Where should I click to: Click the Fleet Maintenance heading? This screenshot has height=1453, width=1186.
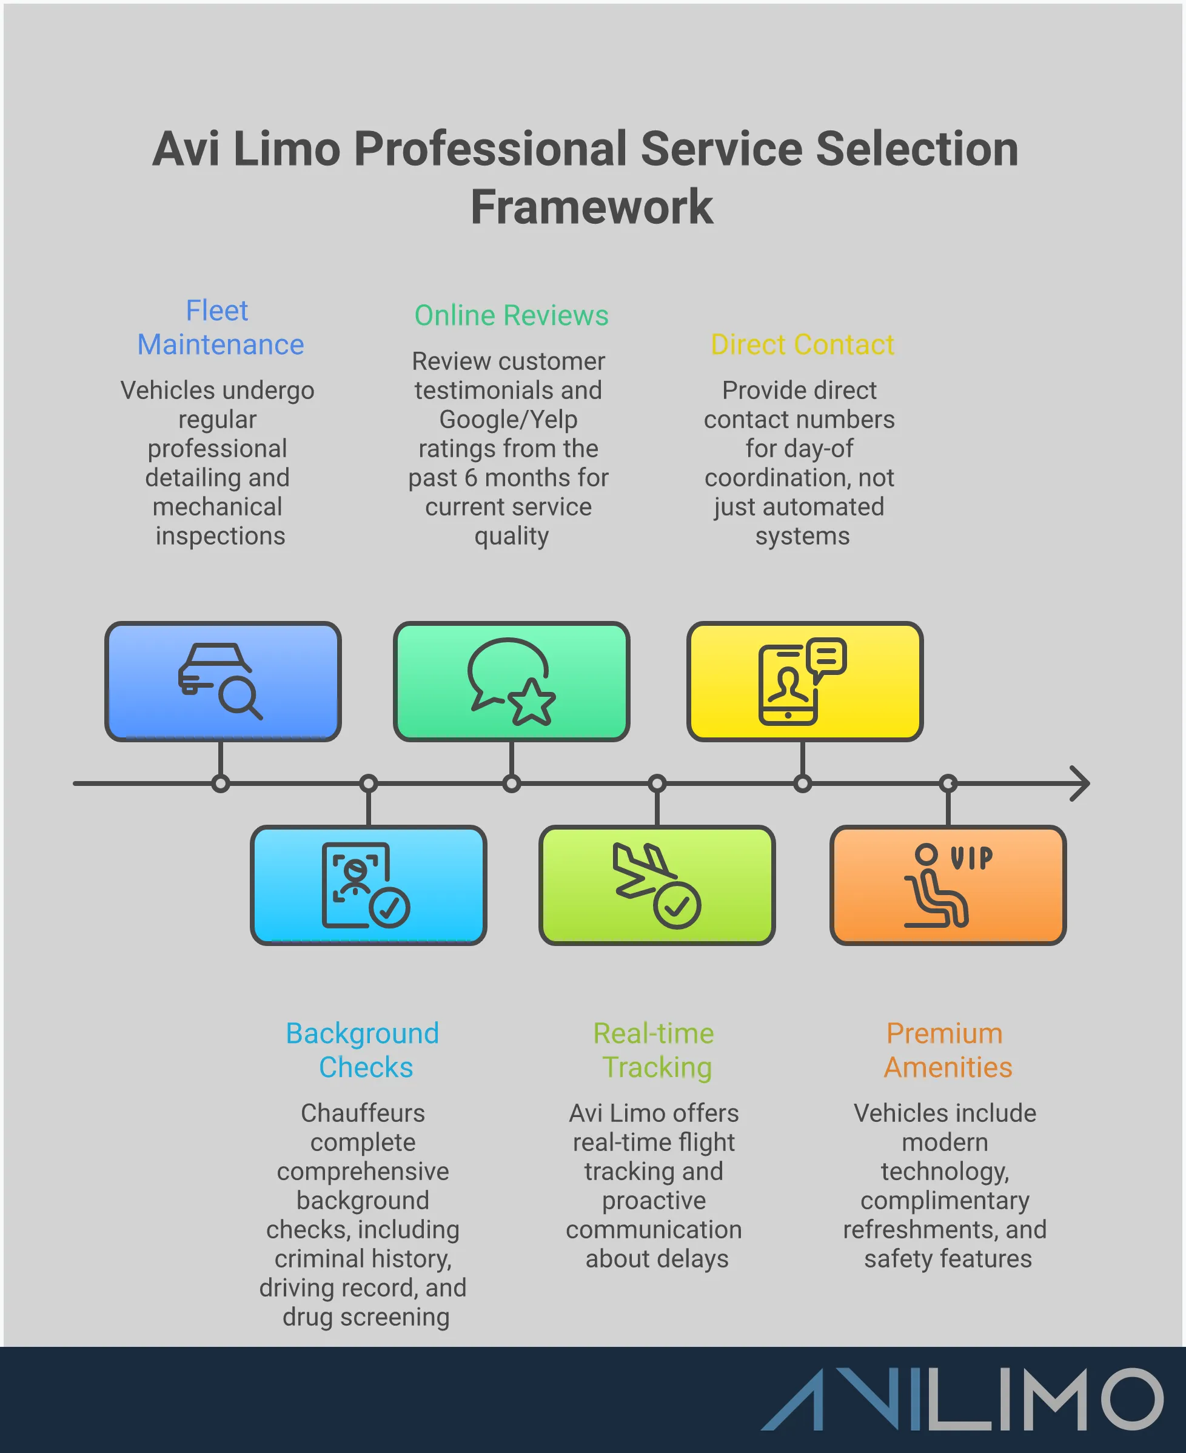(x=220, y=327)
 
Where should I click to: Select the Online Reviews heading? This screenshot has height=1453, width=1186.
(x=511, y=315)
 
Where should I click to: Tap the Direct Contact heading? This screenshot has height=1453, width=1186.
(x=802, y=344)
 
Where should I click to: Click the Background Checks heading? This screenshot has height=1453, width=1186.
(x=363, y=1050)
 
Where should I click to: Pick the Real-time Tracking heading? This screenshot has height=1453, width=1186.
(x=654, y=1050)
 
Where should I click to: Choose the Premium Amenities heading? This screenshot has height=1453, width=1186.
(x=946, y=1050)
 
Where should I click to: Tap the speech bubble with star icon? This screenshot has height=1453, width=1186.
(x=511, y=681)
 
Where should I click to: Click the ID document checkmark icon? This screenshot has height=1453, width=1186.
(x=366, y=885)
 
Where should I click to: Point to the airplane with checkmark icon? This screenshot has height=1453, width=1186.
(x=657, y=885)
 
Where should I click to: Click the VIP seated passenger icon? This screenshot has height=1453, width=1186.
(x=947, y=885)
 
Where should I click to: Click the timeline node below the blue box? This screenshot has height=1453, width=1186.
(x=220, y=784)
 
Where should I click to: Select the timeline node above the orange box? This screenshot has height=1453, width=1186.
(x=948, y=783)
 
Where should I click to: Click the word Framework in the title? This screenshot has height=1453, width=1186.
(x=592, y=207)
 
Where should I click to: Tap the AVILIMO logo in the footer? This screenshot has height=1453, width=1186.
(x=961, y=1399)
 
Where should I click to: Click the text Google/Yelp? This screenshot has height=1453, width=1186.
(x=508, y=420)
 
